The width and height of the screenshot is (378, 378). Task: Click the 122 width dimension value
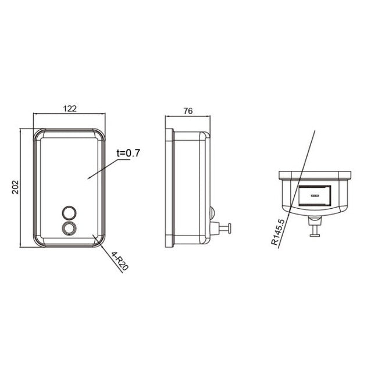tap(70, 109)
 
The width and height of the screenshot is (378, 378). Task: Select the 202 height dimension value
tap(16, 186)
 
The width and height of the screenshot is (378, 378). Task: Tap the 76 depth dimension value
tap(188, 110)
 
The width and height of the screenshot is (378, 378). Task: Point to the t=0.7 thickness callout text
tap(129, 153)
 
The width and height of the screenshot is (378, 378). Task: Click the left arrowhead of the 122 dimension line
tap(35, 114)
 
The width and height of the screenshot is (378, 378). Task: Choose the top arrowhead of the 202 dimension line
tap(22, 131)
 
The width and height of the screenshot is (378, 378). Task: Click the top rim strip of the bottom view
tap(315, 174)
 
